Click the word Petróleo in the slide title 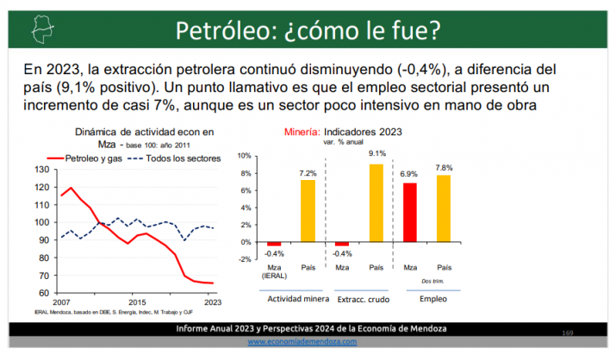tap(219, 31)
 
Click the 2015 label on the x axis tap(136, 302)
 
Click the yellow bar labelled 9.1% tap(376, 204)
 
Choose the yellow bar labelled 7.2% tap(308, 211)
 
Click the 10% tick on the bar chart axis tap(244, 156)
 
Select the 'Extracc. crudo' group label tap(359, 299)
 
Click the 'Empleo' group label tap(427, 299)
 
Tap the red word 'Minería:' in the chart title tap(302, 133)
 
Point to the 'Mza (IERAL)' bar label tap(273, 271)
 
